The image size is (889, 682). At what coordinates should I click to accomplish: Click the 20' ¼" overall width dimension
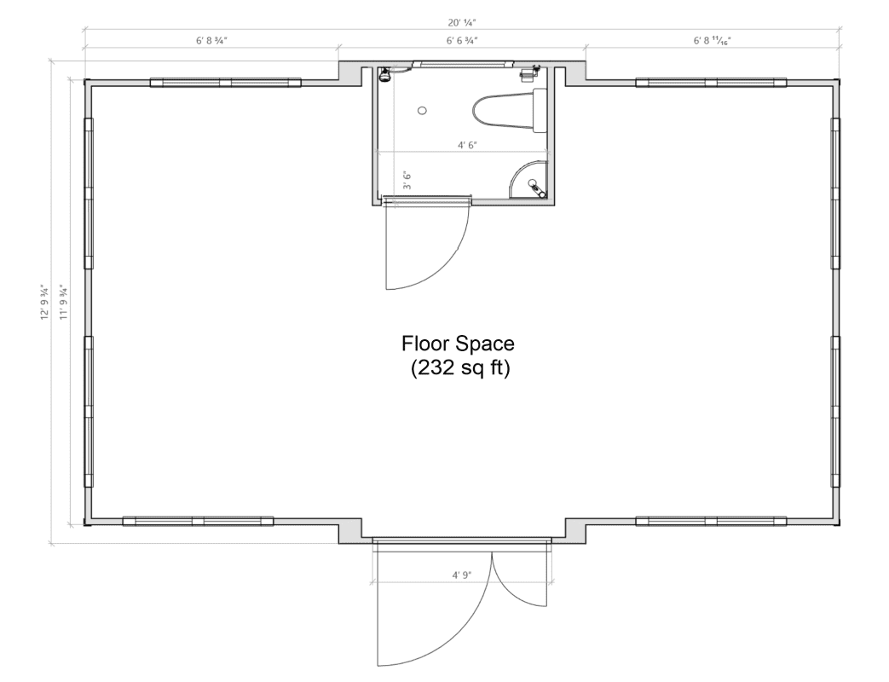point(461,23)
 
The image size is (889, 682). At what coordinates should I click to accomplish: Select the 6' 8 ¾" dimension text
point(211,40)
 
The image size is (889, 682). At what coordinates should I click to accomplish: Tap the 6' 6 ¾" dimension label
point(461,40)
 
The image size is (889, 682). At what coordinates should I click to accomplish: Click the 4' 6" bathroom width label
point(465,145)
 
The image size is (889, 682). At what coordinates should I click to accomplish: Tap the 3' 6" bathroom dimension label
point(408,181)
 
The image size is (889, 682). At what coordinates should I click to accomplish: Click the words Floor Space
point(459,344)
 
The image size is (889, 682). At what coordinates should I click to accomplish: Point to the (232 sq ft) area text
point(459,369)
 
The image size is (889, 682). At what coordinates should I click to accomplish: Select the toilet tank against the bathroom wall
point(540,111)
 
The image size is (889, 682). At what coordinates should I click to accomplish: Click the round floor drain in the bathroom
point(422,110)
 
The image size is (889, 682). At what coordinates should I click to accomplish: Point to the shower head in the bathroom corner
point(384,74)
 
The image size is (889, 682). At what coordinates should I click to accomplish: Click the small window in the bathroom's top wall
point(465,63)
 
